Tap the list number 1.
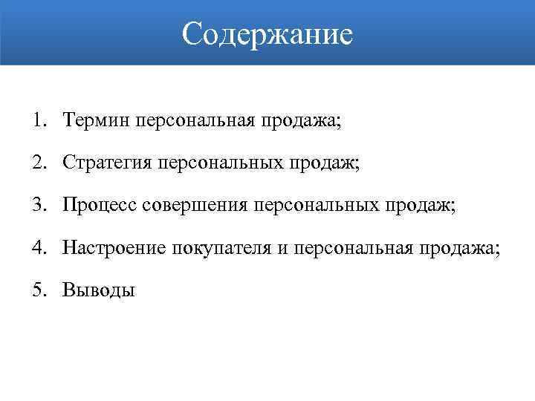pos(38,120)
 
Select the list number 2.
pos(38,162)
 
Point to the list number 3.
pos(38,204)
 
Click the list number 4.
pos(38,247)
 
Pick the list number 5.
pos(38,290)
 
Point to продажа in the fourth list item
pos(458,247)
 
